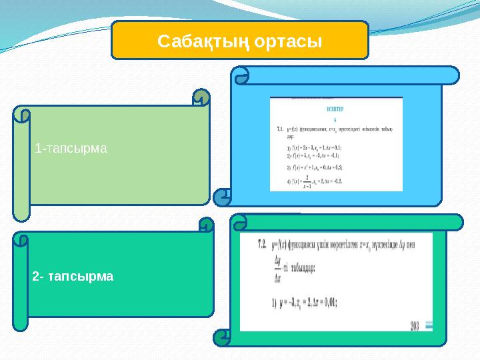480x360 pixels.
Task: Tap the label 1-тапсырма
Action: pyautogui.click(x=71, y=147)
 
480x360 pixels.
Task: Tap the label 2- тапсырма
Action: pyautogui.click(x=73, y=275)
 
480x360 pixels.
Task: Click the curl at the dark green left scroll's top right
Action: pyautogui.click(x=206, y=225)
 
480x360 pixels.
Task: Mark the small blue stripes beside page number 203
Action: pyautogui.click(x=429, y=325)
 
